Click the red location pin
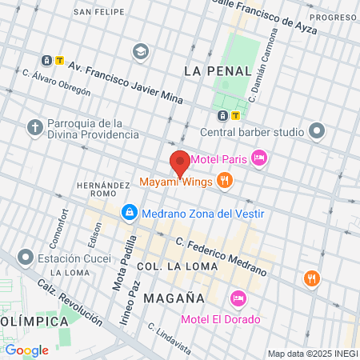(x=180, y=162)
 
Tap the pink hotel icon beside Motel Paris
(x=258, y=158)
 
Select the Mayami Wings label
(x=176, y=182)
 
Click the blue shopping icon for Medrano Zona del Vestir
(x=129, y=213)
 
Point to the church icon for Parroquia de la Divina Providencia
(x=34, y=127)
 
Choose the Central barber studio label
(x=252, y=131)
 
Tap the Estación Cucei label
(x=76, y=258)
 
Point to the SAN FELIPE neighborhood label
(x=98, y=13)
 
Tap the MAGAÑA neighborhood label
(x=174, y=298)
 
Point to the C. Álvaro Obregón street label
(x=56, y=82)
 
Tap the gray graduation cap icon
(x=142, y=51)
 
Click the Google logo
(x=26, y=350)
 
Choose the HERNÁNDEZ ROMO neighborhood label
(x=103, y=190)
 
